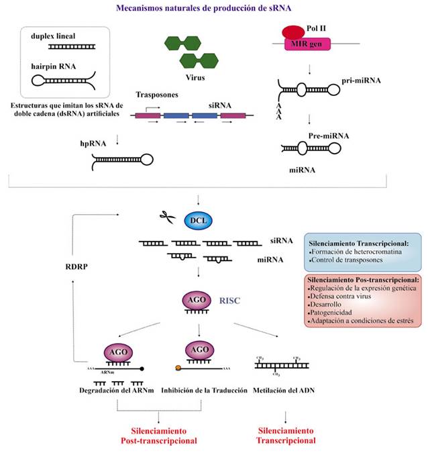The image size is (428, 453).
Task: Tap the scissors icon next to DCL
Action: click(x=165, y=218)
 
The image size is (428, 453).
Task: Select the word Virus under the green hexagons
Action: click(x=195, y=77)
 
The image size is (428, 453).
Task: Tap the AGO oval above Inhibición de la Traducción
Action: click(x=199, y=350)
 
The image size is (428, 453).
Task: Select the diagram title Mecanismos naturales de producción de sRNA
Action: click(x=213, y=8)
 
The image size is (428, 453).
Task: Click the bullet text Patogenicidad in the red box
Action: click(x=333, y=312)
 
